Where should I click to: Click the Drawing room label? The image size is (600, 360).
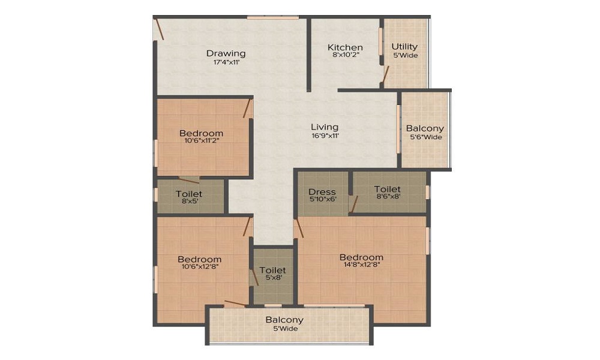pyautogui.click(x=226, y=53)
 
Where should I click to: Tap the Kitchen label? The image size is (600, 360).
pyautogui.click(x=345, y=47)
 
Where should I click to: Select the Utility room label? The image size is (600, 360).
pyautogui.click(x=404, y=47)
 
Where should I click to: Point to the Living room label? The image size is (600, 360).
pyautogui.click(x=325, y=127)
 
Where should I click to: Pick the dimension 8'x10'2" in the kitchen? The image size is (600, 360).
pyautogui.click(x=346, y=55)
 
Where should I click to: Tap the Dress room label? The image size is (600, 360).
pyautogui.click(x=322, y=191)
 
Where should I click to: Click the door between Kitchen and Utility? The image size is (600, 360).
pyautogui.click(x=385, y=74)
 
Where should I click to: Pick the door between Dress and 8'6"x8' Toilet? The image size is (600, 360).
pyautogui.click(x=353, y=204)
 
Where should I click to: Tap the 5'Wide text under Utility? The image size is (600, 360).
pyautogui.click(x=406, y=55)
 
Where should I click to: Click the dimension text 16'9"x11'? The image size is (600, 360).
pyautogui.click(x=325, y=136)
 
